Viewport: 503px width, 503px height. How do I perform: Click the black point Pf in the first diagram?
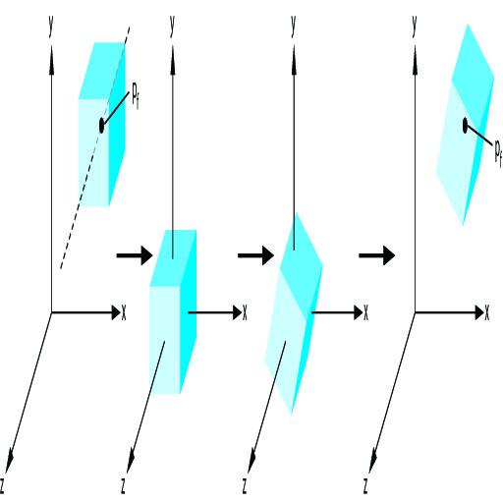tap(101, 126)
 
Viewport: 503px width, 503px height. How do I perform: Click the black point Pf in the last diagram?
tap(465, 126)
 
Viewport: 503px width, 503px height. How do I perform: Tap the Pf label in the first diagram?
tap(136, 95)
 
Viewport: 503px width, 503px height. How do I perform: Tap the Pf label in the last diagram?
tap(498, 153)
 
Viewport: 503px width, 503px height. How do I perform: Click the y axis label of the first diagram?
tap(50, 27)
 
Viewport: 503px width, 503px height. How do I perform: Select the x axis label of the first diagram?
tap(124, 312)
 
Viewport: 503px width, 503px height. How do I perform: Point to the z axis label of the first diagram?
tap(2, 485)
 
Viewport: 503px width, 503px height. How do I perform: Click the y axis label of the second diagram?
tap(172, 27)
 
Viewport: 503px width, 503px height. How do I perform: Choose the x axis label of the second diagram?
tap(245, 312)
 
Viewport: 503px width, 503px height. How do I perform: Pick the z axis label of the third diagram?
tap(245, 485)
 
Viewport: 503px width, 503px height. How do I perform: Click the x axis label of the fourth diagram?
tap(487, 312)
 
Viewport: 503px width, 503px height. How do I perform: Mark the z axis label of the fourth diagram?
tap(365, 485)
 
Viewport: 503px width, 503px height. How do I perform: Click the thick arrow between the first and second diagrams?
tap(135, 255)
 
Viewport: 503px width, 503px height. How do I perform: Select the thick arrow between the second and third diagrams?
tap(255, 255)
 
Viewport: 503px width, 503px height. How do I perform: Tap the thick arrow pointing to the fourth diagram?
tap(377, 255)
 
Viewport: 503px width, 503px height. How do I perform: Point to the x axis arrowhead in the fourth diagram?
tap(479, 312)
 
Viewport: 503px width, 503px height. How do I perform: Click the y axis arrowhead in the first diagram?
tap(51, 61)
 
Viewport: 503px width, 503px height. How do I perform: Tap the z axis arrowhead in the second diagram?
tap(131, 461)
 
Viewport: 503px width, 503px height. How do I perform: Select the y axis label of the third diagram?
tap(294, 27)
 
